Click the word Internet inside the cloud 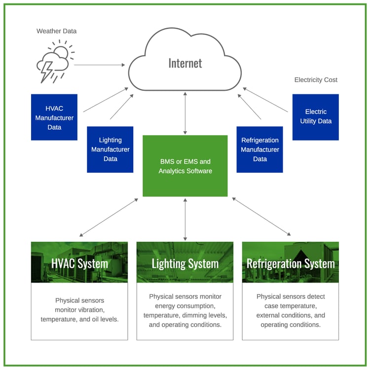[x=185, y=63]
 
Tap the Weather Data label [x=56, y=31]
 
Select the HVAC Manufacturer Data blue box [x=54, y=117]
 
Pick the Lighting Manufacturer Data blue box [x=110, y=149]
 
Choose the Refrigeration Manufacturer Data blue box [x=259, y=149]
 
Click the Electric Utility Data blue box [x=316, y=117]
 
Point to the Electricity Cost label [x=316, y=79]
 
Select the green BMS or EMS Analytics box [x=185, y=166]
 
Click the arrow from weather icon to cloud [x=99, y=65]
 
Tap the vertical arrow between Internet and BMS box [x=185, y=113]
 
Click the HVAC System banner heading [x=79, y=263]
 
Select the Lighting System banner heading [x=185, y=263]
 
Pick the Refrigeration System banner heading [x=291, y=263]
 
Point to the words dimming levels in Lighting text [x=207, y=315]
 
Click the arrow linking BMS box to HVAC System [x=109, y=217]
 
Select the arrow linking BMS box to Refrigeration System [x=261, y=217]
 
